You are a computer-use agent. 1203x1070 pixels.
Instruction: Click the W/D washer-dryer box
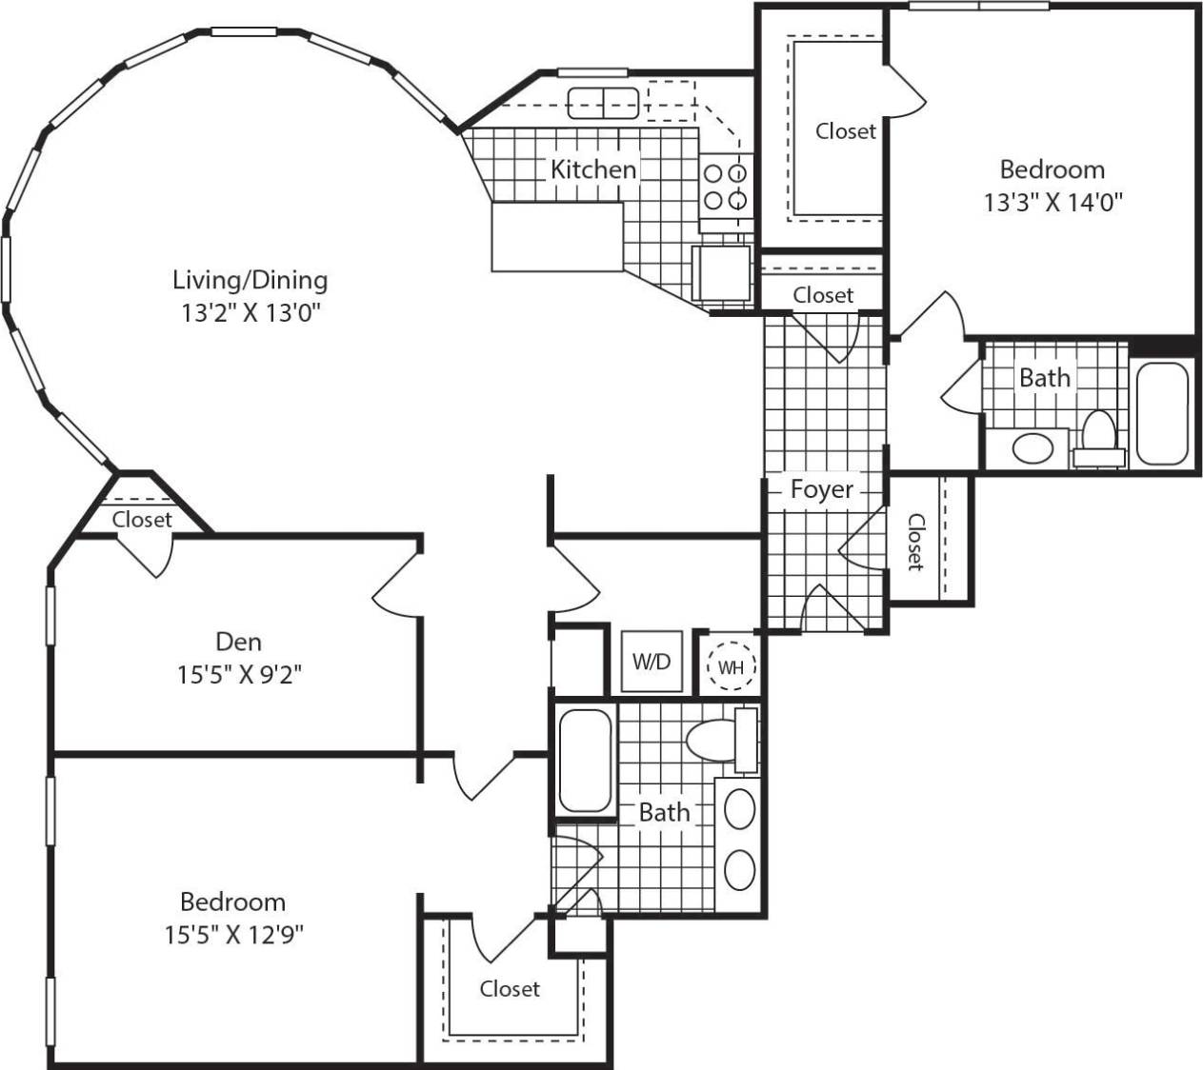652,662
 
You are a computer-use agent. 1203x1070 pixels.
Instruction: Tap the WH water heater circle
731,667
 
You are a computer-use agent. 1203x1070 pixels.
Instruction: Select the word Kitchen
593,169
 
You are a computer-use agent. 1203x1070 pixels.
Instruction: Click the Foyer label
821,489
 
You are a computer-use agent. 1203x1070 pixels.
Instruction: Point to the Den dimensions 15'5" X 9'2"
239,675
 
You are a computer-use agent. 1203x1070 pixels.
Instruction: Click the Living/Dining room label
250,280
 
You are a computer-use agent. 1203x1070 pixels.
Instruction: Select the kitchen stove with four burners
725,188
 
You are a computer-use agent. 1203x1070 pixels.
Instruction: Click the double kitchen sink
602,103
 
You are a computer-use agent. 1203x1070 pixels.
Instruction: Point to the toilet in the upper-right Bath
1098,438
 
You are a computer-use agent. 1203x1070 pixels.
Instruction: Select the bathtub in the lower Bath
584,762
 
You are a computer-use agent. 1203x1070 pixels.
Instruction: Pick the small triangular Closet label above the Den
142,520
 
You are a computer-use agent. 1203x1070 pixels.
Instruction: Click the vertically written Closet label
915,542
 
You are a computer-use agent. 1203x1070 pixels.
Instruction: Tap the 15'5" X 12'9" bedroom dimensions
233,935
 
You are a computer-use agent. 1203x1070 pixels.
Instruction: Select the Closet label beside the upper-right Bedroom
845,130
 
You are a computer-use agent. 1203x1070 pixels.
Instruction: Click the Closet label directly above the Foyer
823,295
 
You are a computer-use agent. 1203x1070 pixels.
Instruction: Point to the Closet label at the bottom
510,989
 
